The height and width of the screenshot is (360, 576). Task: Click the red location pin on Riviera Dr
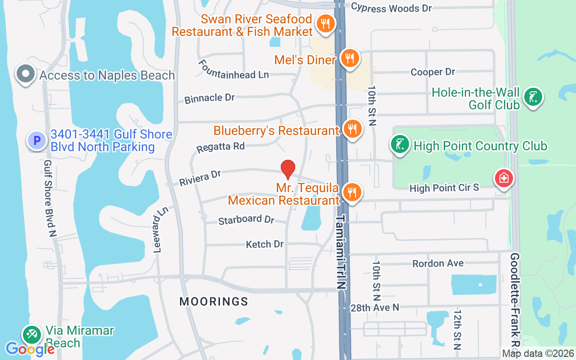288,169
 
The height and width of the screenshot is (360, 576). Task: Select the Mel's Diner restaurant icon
349,58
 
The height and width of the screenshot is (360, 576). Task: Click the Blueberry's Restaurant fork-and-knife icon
351,129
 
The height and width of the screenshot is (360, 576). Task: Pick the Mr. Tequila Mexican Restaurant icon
351,192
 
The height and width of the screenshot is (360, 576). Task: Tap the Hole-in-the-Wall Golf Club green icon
533,96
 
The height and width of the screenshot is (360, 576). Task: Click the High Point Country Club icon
400,144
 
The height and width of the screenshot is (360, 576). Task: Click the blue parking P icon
37,140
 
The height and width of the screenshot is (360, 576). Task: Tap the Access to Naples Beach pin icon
26,74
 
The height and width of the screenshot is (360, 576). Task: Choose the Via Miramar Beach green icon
32,335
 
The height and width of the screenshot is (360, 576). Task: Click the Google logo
30,349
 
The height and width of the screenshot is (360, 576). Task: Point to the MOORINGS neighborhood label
214,301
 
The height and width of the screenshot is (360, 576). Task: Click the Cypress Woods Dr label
391,8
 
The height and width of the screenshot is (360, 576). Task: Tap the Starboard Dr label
246,220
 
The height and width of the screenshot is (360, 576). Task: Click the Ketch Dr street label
265,244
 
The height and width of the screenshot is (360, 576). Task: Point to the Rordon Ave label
438,263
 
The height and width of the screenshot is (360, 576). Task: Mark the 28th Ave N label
375,307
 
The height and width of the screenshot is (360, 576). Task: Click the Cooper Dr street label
433,72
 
